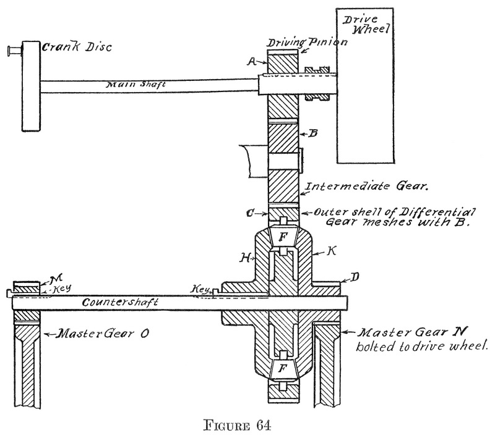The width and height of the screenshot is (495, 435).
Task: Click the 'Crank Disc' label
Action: pos(68,47)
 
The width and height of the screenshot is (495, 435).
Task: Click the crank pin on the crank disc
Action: pos(12,49)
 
